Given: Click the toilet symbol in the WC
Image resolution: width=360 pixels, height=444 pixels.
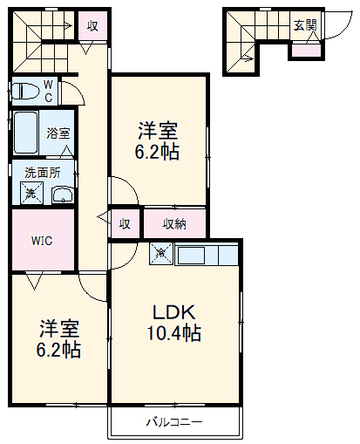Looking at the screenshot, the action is [x=25, y=91].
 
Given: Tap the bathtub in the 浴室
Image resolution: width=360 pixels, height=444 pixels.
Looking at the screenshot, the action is [x=26, y=133].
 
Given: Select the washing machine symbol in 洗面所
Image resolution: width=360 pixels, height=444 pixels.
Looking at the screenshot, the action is [x=31, y=193].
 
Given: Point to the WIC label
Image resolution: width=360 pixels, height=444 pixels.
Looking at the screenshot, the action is [x=42, y=241].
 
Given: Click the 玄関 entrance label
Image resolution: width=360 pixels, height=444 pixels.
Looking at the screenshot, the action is [x=305, y=25].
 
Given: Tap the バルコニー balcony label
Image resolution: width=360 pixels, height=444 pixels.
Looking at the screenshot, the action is [x=173, y=421].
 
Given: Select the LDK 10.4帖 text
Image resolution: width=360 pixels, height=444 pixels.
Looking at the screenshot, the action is [x=173, y=323].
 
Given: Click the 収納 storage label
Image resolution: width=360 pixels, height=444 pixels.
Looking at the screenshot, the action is [x=174, y=224].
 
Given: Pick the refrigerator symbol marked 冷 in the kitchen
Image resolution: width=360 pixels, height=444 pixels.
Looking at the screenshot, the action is [x=161, y=254].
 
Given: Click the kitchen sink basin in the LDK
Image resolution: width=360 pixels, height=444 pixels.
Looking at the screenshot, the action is [x=191, y=256].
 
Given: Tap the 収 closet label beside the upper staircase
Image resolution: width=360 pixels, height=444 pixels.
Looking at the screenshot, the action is [x=92, y=25].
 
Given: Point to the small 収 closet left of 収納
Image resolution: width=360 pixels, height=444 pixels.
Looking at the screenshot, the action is [x=125, y=224].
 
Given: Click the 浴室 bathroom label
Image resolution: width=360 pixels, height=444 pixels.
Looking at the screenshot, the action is [x=58, y=133].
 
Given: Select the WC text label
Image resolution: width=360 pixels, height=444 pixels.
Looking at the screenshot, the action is [x=48, y=91].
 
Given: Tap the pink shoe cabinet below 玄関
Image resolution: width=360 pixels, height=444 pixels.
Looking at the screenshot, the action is [x=306, y=51].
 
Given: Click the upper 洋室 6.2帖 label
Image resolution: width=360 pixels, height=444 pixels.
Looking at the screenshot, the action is [x=157, y=141].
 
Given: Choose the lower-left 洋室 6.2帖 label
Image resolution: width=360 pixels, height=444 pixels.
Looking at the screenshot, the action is [x=58, y=338].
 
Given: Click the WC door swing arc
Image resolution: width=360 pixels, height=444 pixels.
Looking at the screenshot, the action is [x=78, y=89].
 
